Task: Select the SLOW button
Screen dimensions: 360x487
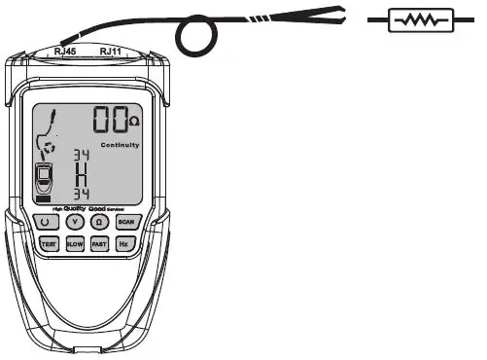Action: (x=75, y=243)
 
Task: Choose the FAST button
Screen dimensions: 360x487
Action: (x=99, y=243)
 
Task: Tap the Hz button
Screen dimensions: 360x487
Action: (x=123, y=243)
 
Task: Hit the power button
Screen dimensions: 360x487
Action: (x=47, y=222)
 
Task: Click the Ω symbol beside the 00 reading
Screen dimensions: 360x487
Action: (x=135, y=123)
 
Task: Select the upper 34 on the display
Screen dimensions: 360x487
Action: (x=81, y=157)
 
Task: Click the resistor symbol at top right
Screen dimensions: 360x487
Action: (x=421, y=19)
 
